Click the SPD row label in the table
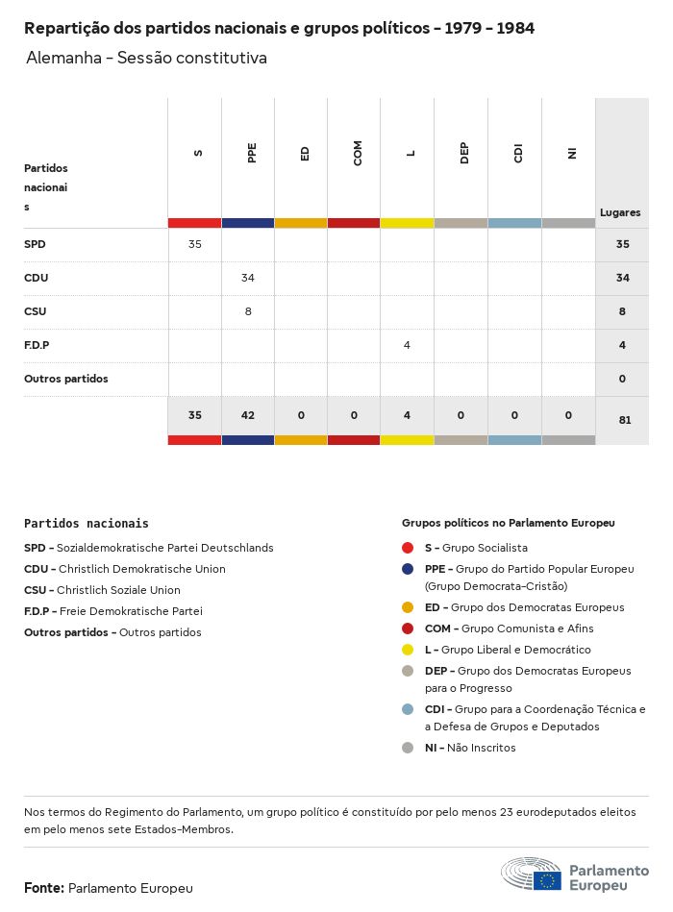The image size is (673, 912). tap(35, 244)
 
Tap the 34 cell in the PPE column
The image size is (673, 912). tap(248, 278)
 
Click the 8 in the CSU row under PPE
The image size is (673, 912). tap(248, 311)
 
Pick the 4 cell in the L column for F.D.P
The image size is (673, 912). tap(407, 345)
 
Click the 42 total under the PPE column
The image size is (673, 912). tap(248, 415)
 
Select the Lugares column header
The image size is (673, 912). tap(620, 212)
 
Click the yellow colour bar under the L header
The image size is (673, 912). tap(407, 223)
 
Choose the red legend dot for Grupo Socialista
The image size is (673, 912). tap(408, 548)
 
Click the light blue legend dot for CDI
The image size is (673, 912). tap(408, 709)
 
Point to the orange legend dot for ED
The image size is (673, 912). tap(408, 607)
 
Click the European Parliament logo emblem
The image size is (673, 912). tap(531, 875)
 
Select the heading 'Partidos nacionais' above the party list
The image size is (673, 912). tap(87, 524)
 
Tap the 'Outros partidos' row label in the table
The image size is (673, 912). tap(66, 379)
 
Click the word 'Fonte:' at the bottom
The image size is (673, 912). tap(44, 888)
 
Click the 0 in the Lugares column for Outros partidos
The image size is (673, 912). tap(622, 379)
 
